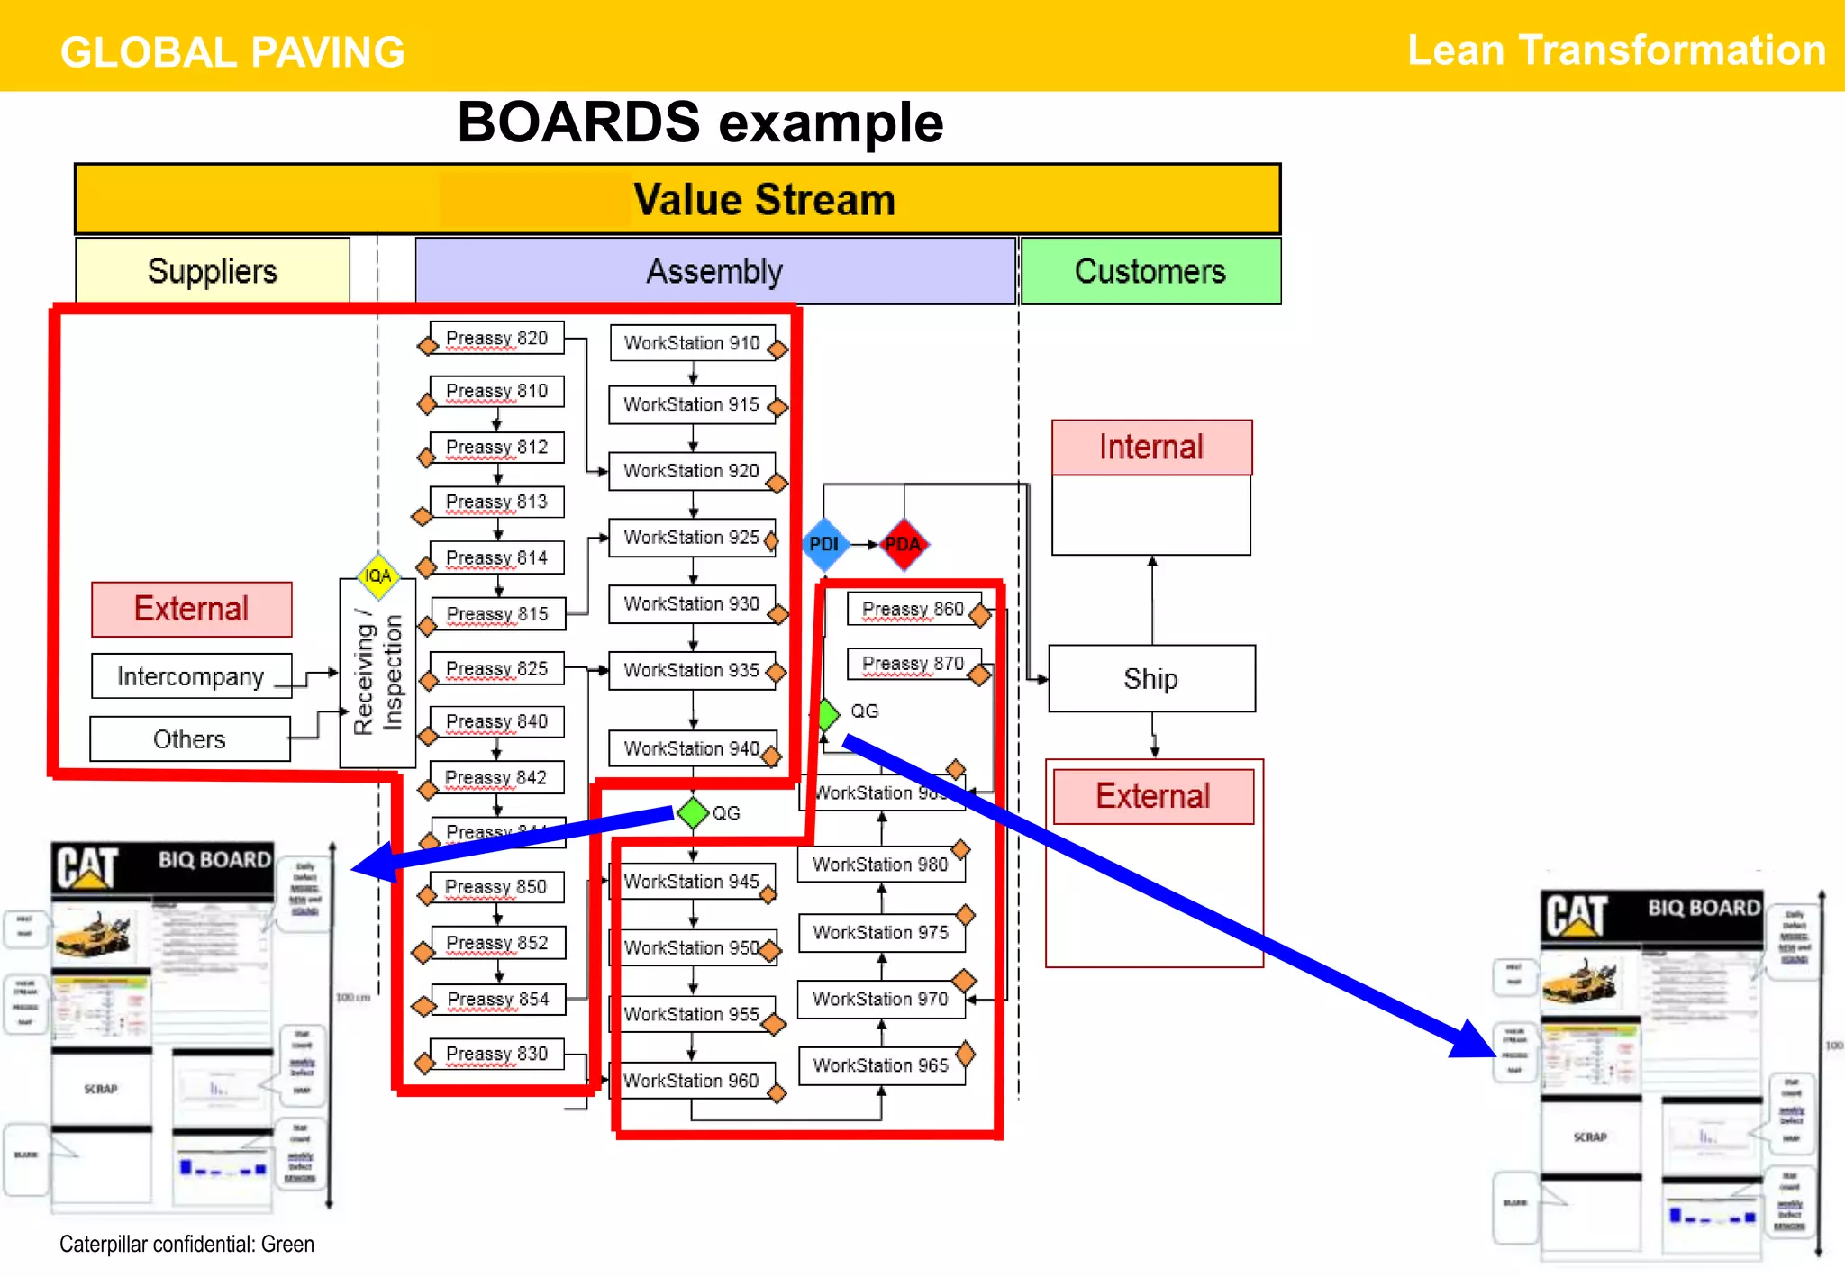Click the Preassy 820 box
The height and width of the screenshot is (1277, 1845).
click(x=496, y=338)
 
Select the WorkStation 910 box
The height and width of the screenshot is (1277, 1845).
click(x=692, y=343)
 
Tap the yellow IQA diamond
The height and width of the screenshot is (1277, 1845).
click(x=378, y=575)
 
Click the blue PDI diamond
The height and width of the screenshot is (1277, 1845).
click(x=824, y=544)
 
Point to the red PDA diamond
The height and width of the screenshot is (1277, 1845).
click(x=904, y=544)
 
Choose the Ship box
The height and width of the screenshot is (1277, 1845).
click(x=1150, y=678)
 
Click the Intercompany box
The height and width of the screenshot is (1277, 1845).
click(x=191, y=676)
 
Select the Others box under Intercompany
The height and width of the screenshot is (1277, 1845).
click(x=189, y=739)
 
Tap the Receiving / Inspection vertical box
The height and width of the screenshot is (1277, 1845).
click(x=377, y=674)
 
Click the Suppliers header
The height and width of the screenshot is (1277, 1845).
click(x=213, y=271)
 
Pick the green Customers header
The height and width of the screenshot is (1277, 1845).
click(x=1150, y=271)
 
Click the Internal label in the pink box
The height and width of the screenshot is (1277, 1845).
click(x=1151, y=448)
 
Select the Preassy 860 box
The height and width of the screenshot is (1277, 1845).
click(x=913, y=609)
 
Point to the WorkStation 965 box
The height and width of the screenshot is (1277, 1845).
click(x=880, y=1065)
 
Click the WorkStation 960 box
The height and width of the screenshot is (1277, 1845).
click(x=691, y=1080)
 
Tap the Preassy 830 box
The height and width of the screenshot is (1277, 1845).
click(x=496, y=1053)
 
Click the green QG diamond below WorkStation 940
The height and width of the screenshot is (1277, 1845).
click(x=693, y=812)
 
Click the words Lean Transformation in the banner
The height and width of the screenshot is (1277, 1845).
click(x=1616, y=50)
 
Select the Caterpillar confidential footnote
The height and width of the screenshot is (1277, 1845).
click(x=187, y=1244)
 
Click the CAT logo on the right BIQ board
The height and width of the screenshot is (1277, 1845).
click(x=1577, y=916)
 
